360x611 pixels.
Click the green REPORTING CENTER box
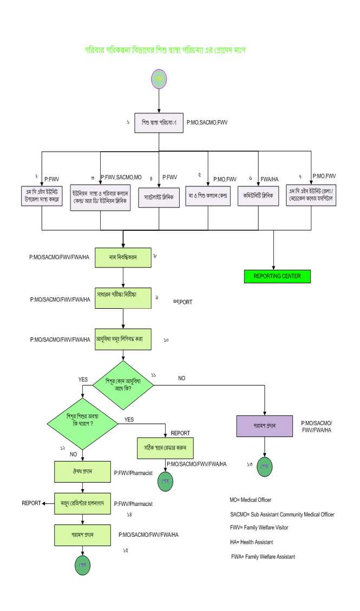tap(277, 276)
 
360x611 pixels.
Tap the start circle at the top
tap(158, 79)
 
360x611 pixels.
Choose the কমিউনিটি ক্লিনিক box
tap(258, 196)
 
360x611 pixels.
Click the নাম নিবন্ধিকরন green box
tap(123, 257)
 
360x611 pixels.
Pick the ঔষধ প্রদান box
tap(82, 472)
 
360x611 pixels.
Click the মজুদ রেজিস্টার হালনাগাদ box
tap(82, 503)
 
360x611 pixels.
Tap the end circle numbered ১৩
tap(265, 466)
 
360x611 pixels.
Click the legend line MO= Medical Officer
tap(251, 500)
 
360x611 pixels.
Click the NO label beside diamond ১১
tap(181, 378)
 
